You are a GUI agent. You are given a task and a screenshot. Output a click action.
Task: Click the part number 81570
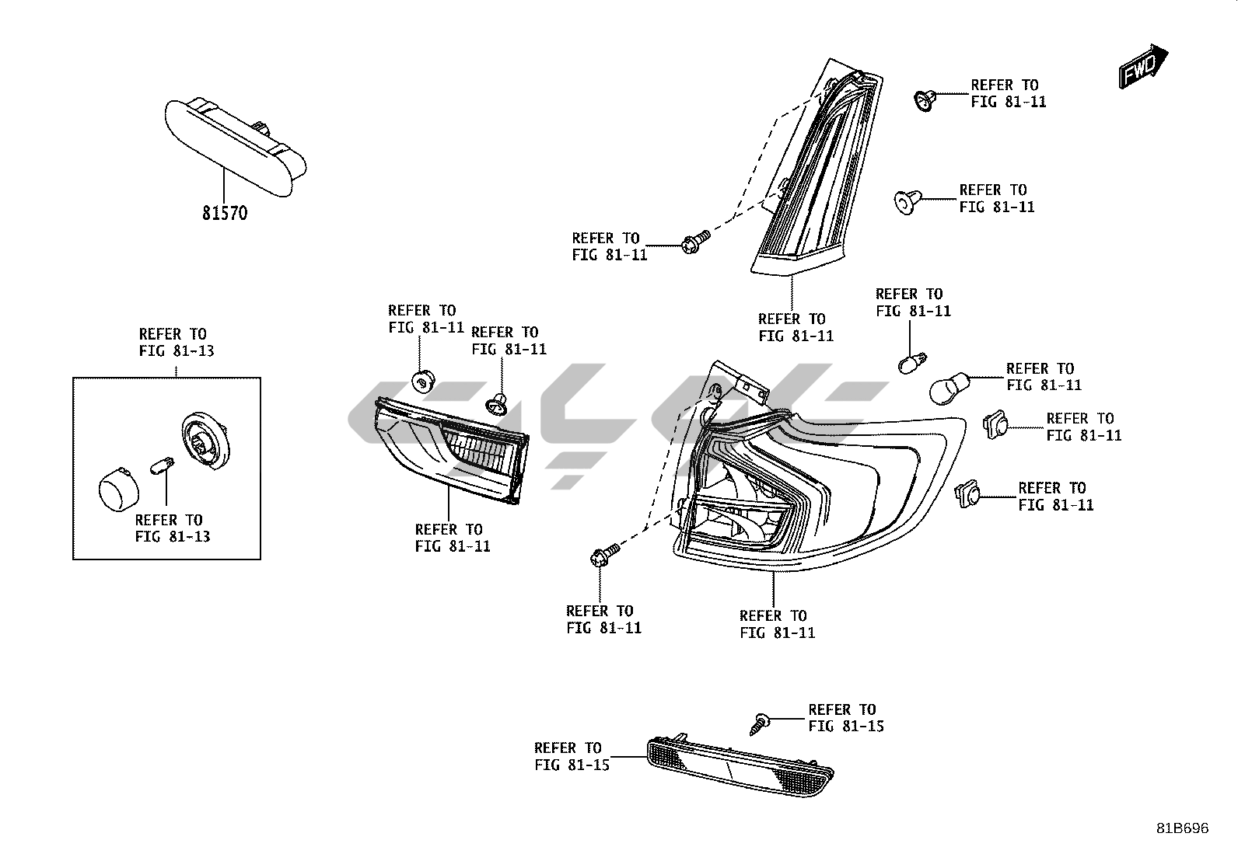(x=225, y=212)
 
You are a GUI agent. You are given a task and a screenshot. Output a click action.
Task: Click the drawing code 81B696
(x=1181, y=828)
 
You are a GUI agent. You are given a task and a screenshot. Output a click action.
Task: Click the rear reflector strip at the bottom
(x=740, y=765)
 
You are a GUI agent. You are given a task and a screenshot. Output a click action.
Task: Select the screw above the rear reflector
(x=759, y=722)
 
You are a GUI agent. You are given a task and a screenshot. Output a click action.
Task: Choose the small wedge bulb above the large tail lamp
(x=910, y=362)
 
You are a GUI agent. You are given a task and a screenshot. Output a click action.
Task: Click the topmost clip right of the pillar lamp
(x=924, y=99)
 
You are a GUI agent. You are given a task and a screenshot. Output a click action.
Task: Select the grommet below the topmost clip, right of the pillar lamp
(x=904, y=201)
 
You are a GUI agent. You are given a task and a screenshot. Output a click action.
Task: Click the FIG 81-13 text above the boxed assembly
(x=177, y=350)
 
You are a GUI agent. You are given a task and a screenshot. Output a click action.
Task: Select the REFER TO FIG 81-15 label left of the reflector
(x=572, y=756)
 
